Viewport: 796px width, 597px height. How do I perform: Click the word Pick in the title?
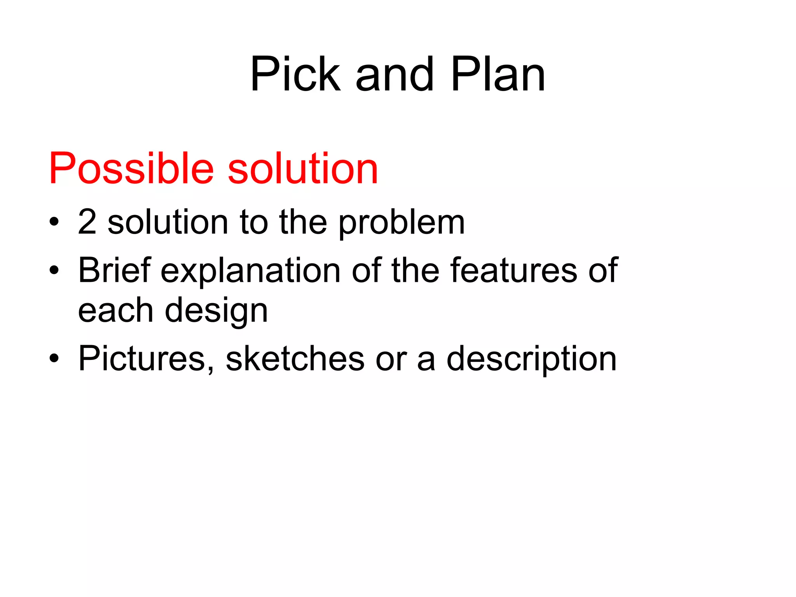[295, 75]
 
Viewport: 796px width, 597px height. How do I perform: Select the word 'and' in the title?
[395, 75]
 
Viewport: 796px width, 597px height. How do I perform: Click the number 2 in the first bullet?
[87, 222]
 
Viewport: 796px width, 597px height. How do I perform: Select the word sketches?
[295, 358]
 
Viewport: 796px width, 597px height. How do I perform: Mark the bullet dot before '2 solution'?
[54, 223]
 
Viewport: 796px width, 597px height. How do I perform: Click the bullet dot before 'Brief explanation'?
[54, 270]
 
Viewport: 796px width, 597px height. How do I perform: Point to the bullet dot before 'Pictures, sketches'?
[54, 358]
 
